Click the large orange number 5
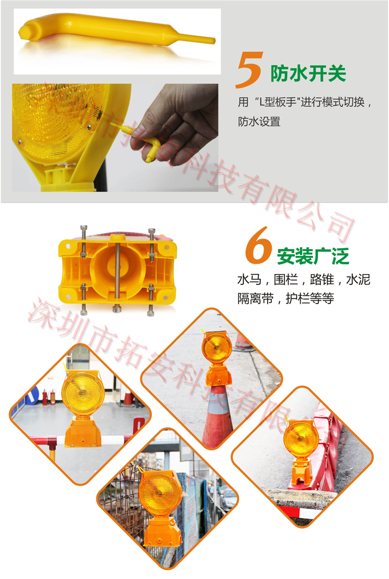pyautogui.click(x=249, y=70)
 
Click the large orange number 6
pyautogui.click(x=258, y=245)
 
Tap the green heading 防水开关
pyautogui.click(x=308, y=73)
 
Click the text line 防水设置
pyautogui.click(x=259, y=122)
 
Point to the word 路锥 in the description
pyautogui.click(x=322, y=280)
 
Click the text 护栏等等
pyautogui.click(x=310, y=298)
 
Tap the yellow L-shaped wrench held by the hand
pyautogui.click(x=141, y=141)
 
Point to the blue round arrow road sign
pyautogui.click(x=33, y=395)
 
